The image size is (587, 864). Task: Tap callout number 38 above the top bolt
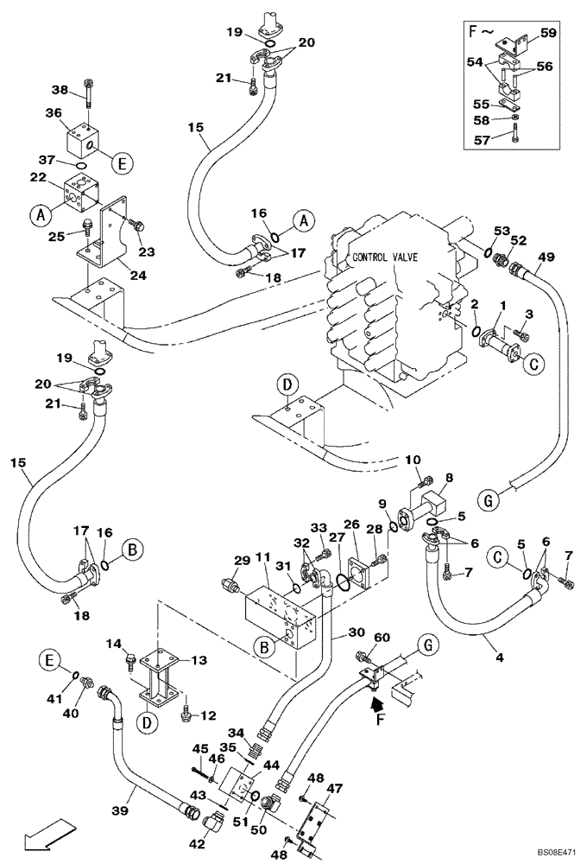(59, 89)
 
